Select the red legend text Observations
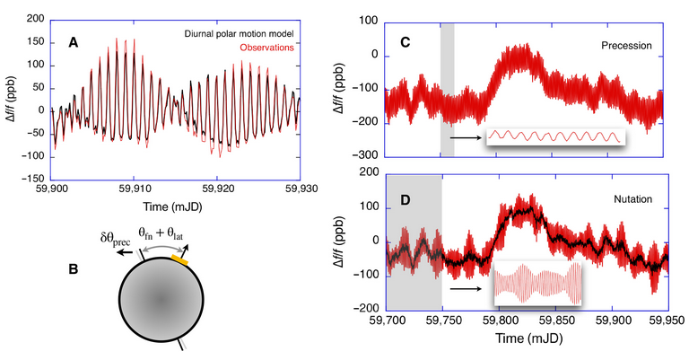click(268, 48)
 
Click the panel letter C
click(404, 41)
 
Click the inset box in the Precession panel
click(554, 136)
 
